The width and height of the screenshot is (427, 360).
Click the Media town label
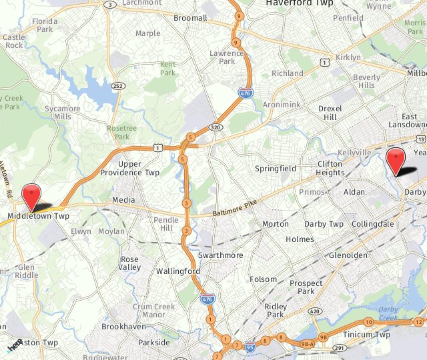pos(123,200)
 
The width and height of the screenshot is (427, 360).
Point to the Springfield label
pos(275,169)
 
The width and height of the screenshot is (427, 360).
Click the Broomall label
pos(190,18)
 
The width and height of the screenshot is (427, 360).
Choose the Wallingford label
pos(178,271)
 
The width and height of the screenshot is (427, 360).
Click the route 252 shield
pos(117,87)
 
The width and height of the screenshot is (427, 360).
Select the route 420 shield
pos(316,311)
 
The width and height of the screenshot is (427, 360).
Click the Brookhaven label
pos(123,327)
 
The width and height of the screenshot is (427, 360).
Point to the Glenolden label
pos(348,255)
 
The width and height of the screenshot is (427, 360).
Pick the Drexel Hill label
pos(330,113)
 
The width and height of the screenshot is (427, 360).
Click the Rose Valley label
pos(130,263)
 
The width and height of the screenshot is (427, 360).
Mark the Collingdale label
pos(372,224)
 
